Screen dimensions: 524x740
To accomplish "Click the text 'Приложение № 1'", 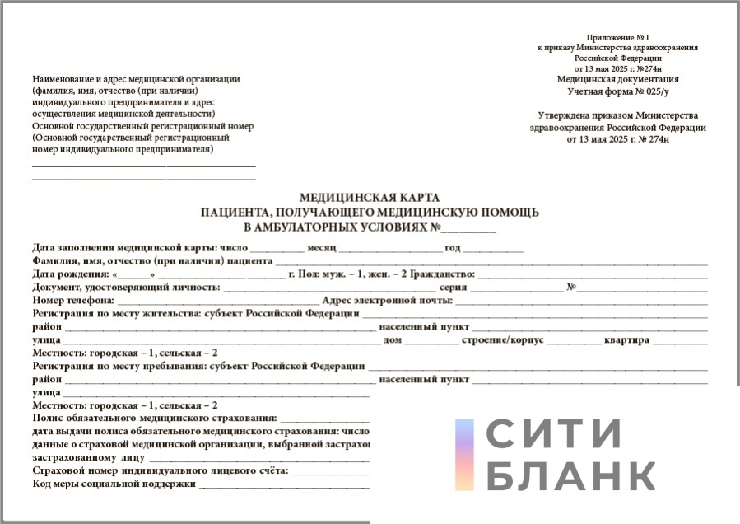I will pyautogui.click(x=617, y=38).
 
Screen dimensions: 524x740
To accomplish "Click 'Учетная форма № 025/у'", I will pyautogui.click(x=617, y=90).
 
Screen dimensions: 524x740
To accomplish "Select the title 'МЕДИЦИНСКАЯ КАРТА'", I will pyautogui.click(x=370, y=198).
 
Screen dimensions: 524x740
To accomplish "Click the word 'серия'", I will pyautogui.click(x=454, y=288).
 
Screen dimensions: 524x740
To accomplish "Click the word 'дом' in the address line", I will pyautogui.click(x=392, y=340).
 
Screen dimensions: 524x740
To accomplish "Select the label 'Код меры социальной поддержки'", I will pyautogui.click(x=114, y=484).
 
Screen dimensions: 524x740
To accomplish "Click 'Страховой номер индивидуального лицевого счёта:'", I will pyautogui.click(x=160, y=471).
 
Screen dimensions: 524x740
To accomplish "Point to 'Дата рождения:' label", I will pyautogui.click(x=70, y=274).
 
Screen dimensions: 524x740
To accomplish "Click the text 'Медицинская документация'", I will pyautogui.click(x=617, y=79).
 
